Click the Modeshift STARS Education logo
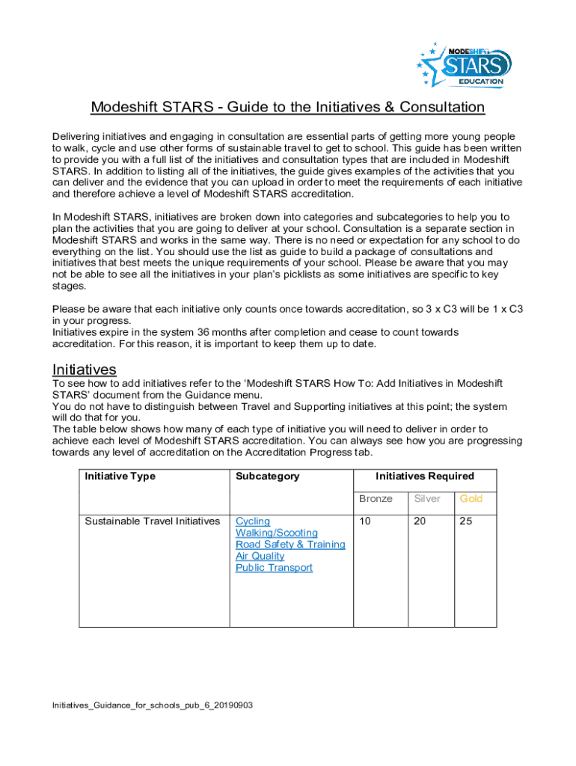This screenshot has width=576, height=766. (x=465, y=63)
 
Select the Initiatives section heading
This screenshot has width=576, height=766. (x=84, y=369)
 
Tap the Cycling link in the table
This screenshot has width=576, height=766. (x=253, y=521)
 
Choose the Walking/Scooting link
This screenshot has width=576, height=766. (x=276, y=533)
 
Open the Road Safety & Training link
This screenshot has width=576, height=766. (x=290, y=545)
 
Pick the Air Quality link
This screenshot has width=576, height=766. (x=260, y=556)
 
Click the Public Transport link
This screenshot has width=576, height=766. (x=274, y=568)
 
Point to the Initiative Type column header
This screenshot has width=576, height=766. (x=120, y=477)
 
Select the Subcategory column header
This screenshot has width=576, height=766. (x=267, y=477)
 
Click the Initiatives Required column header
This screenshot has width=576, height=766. (x=424, y=477)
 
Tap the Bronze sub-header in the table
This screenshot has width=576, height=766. (x=376, y=499)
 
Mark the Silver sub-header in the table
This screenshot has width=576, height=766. (x=427, y=499)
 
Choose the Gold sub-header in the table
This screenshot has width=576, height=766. (x=471, y=499)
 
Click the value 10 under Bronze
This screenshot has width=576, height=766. (x=364, y=521)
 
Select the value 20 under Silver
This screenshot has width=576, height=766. (x=420, y=521)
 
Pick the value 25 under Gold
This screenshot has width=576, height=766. (x=466, y=521)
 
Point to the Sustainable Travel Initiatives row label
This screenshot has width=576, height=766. (x=152, y=521)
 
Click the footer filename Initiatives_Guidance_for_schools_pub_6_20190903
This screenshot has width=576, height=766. (x=152, y=705)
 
